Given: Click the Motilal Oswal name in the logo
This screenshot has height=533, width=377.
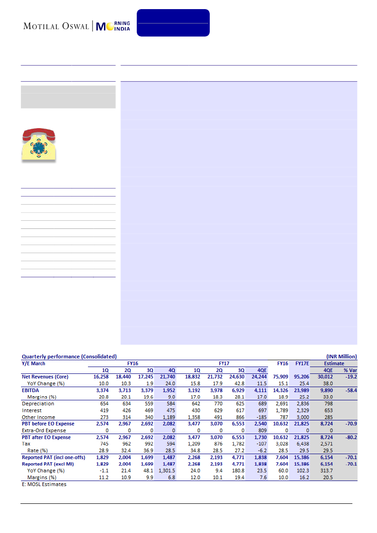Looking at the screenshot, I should pyautogui.click(x=56, y=26).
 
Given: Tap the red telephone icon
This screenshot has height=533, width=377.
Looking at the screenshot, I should pyautogui.click(x=39, y=144).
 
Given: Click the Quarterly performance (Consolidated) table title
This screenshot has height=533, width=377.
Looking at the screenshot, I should pyautogui.click(x=69, y=357).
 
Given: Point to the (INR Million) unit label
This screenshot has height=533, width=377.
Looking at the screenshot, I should pyautogui.click(x=341, y=357).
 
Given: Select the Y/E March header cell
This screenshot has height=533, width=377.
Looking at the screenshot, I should pyautogui.click(x=34, y=363).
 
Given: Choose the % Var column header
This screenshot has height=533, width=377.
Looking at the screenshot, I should pyautogui.click(x=349, y=370).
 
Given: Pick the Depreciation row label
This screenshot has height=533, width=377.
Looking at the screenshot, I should pyautogui.click(x=38, y=404).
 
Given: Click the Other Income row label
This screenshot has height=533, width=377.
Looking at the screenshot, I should pyautogui.click(x=39, y=417).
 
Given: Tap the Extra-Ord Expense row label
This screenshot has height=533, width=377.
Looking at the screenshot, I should pyautogui.click(x=44, y=430).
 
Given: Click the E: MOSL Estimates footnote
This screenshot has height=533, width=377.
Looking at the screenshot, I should pyautogui.click(x=44, y=484).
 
